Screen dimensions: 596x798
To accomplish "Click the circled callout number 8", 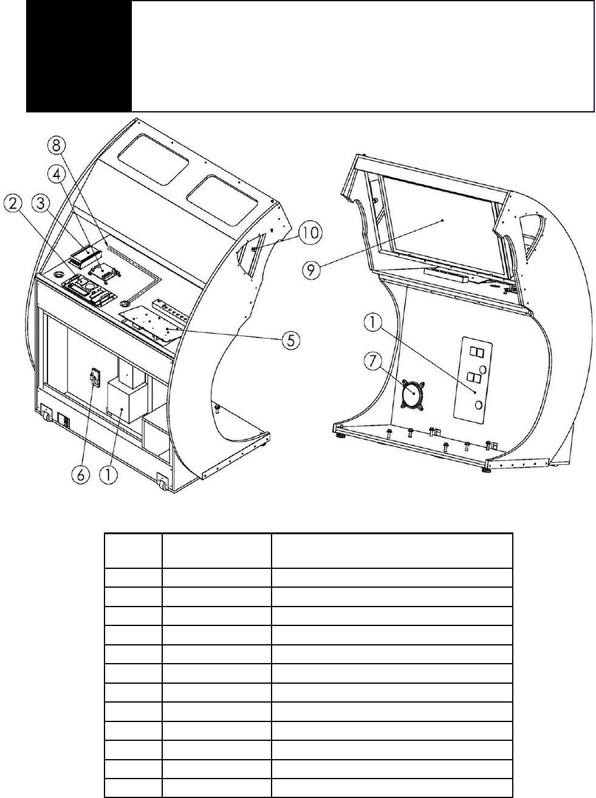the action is tap(57, 146).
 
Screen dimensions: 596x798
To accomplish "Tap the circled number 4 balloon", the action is tap(57, 174).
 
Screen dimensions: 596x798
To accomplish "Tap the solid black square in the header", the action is tap(79, 56).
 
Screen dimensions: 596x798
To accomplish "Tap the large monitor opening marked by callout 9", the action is tap(444, 225).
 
